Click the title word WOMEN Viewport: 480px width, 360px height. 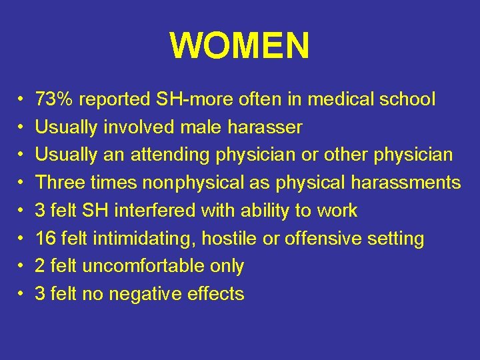pos(240,46)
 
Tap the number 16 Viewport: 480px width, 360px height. pos(45,239)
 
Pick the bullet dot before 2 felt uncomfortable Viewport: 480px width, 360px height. pos(21,267)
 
